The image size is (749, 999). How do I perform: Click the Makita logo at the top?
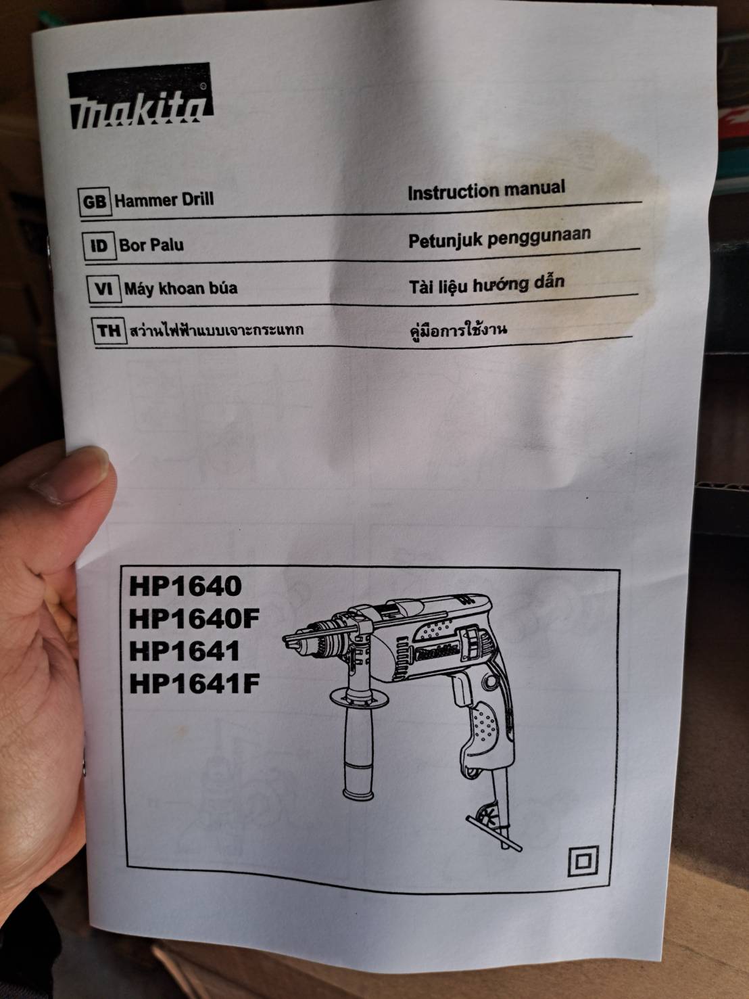coord(140,98)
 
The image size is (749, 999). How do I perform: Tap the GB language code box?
coord(94,202)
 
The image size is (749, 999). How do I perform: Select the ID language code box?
coord(99,245)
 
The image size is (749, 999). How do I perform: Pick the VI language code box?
coord(103,289)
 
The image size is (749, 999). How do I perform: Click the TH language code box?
coord(108,331)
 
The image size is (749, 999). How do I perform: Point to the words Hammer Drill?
coord(164,200)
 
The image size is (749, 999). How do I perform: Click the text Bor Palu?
coord(151,244)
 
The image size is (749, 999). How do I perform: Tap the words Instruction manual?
coord(486,189)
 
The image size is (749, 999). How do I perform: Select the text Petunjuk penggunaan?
coord(499,236)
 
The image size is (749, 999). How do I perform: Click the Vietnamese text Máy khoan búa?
coord(180,288)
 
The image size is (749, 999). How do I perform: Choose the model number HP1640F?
coord(194,618)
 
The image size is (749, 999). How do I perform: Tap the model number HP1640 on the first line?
coord(185,586)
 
